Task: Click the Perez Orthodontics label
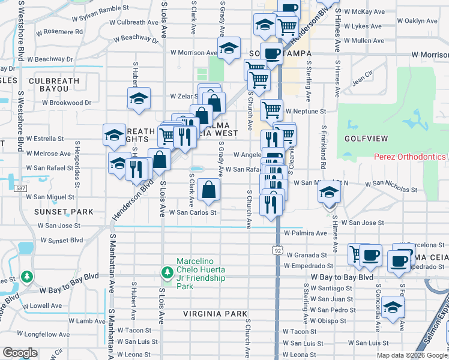[x=410, y=157]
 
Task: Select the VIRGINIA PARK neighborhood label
[x=215, y=314]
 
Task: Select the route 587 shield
[x=21, y=188]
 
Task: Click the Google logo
[x=20, y=352]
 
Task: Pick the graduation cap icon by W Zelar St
[x=139, y=98]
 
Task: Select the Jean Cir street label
[x=363, y=79]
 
